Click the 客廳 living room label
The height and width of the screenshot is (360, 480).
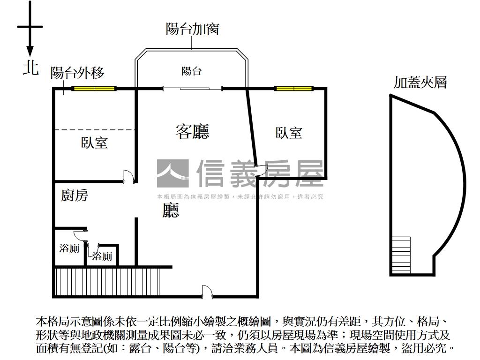coord(192,131)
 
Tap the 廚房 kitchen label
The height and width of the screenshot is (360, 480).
coord(75,195)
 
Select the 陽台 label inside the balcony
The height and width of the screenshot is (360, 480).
coord(191,71)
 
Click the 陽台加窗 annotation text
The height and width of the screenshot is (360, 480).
coord(192,29)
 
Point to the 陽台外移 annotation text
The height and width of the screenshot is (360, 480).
coord(77,73)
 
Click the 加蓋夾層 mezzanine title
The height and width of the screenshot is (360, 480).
coord(420,83)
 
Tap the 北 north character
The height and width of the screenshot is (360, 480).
coord(30,68)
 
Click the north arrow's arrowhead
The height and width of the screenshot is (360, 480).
coord(30,52)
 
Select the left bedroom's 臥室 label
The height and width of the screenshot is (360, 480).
coord(94,142)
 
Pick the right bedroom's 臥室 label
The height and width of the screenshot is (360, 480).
coord(289,133)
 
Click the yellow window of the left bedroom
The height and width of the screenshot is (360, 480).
coord(94,88)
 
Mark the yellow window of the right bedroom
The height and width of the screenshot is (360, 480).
coord(294,88)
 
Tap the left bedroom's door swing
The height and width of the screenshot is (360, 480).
coord(128,176)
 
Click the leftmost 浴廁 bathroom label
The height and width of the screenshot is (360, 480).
coord(69,248)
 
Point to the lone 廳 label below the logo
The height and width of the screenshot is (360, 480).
coord(171,210)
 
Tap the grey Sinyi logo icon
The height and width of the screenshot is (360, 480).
coord(172,173)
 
